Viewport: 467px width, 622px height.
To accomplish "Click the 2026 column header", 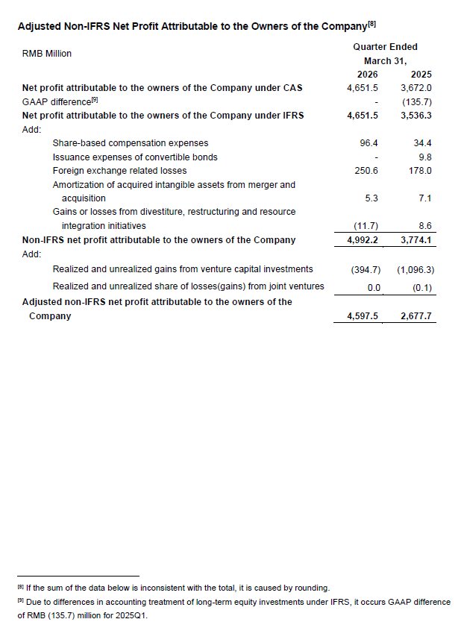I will [368, 75].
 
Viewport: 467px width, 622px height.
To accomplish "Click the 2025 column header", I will [421, 75].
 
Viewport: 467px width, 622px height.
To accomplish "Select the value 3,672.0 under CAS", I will [416, 87].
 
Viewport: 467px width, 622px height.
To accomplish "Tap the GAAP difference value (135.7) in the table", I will [417, 101].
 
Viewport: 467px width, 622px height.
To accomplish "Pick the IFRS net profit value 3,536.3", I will [416, 116].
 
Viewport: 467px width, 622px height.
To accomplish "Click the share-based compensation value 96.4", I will [370, 142].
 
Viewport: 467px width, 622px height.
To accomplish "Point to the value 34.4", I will [423, 142].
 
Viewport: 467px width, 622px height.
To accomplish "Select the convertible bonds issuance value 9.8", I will [426, 157].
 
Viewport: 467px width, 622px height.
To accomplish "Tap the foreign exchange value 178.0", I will [421, 171].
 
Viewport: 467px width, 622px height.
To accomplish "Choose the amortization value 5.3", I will [372, 198].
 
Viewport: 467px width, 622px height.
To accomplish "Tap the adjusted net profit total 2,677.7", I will [416, 316].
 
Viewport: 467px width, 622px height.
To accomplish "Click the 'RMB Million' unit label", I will [47, 54].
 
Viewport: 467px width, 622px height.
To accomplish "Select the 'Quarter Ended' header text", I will [385, 47].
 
